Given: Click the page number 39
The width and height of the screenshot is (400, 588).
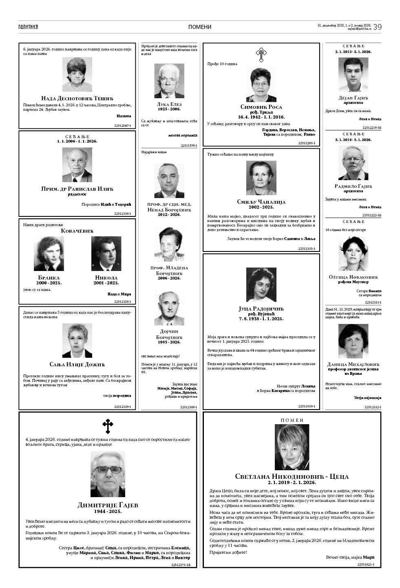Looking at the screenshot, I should click(x=377, y=27).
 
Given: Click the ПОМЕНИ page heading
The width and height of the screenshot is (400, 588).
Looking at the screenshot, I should click(x=200, y=27).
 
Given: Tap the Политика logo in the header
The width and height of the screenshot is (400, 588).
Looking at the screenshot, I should click(x=28, y=27).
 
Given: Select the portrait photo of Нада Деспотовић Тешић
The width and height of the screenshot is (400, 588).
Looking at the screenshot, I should click(x=77, y=75).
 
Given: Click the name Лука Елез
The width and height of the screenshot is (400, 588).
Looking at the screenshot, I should click(x=169, y=104).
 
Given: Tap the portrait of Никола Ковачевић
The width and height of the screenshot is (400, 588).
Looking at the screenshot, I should click(x=106, y=253).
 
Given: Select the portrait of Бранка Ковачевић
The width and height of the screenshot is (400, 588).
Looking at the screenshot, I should click(x=49, y=253).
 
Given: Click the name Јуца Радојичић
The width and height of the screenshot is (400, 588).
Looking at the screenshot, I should click(x=261, y=308).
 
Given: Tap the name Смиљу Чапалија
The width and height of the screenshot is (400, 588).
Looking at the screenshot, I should click(x=261, y=202).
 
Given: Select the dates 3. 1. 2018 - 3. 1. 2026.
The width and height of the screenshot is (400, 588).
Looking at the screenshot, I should click(x=353, y=139).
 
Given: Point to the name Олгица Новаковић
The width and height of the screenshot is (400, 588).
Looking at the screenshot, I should click(x=353, y=277).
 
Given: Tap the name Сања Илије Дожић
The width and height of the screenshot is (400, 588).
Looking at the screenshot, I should click(x=77, y=364).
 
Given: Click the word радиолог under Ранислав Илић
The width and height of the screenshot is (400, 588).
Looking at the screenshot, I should click(x=77, y=194).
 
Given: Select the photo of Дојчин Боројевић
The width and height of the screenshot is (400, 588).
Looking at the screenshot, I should click(x=169, y=308).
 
